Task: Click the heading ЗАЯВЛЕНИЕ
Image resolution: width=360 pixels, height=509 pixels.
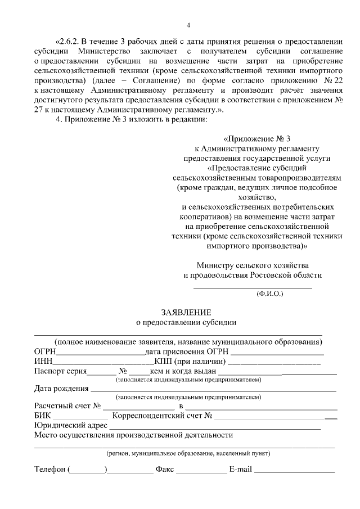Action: click(186, 312)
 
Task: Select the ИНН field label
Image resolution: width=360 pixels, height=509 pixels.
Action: click(43, 361)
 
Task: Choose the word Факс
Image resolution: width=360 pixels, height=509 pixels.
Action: click(164, 469)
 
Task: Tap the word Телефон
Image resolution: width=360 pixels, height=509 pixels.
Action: click(49, 469)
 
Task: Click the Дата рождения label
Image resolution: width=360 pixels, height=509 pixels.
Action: click(61, 388)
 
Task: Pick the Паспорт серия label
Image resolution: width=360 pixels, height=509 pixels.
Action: click(60, 371)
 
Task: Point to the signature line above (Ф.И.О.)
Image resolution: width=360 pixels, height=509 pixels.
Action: click(253, 287)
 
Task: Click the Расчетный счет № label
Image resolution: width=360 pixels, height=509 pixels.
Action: click(67, 406)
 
